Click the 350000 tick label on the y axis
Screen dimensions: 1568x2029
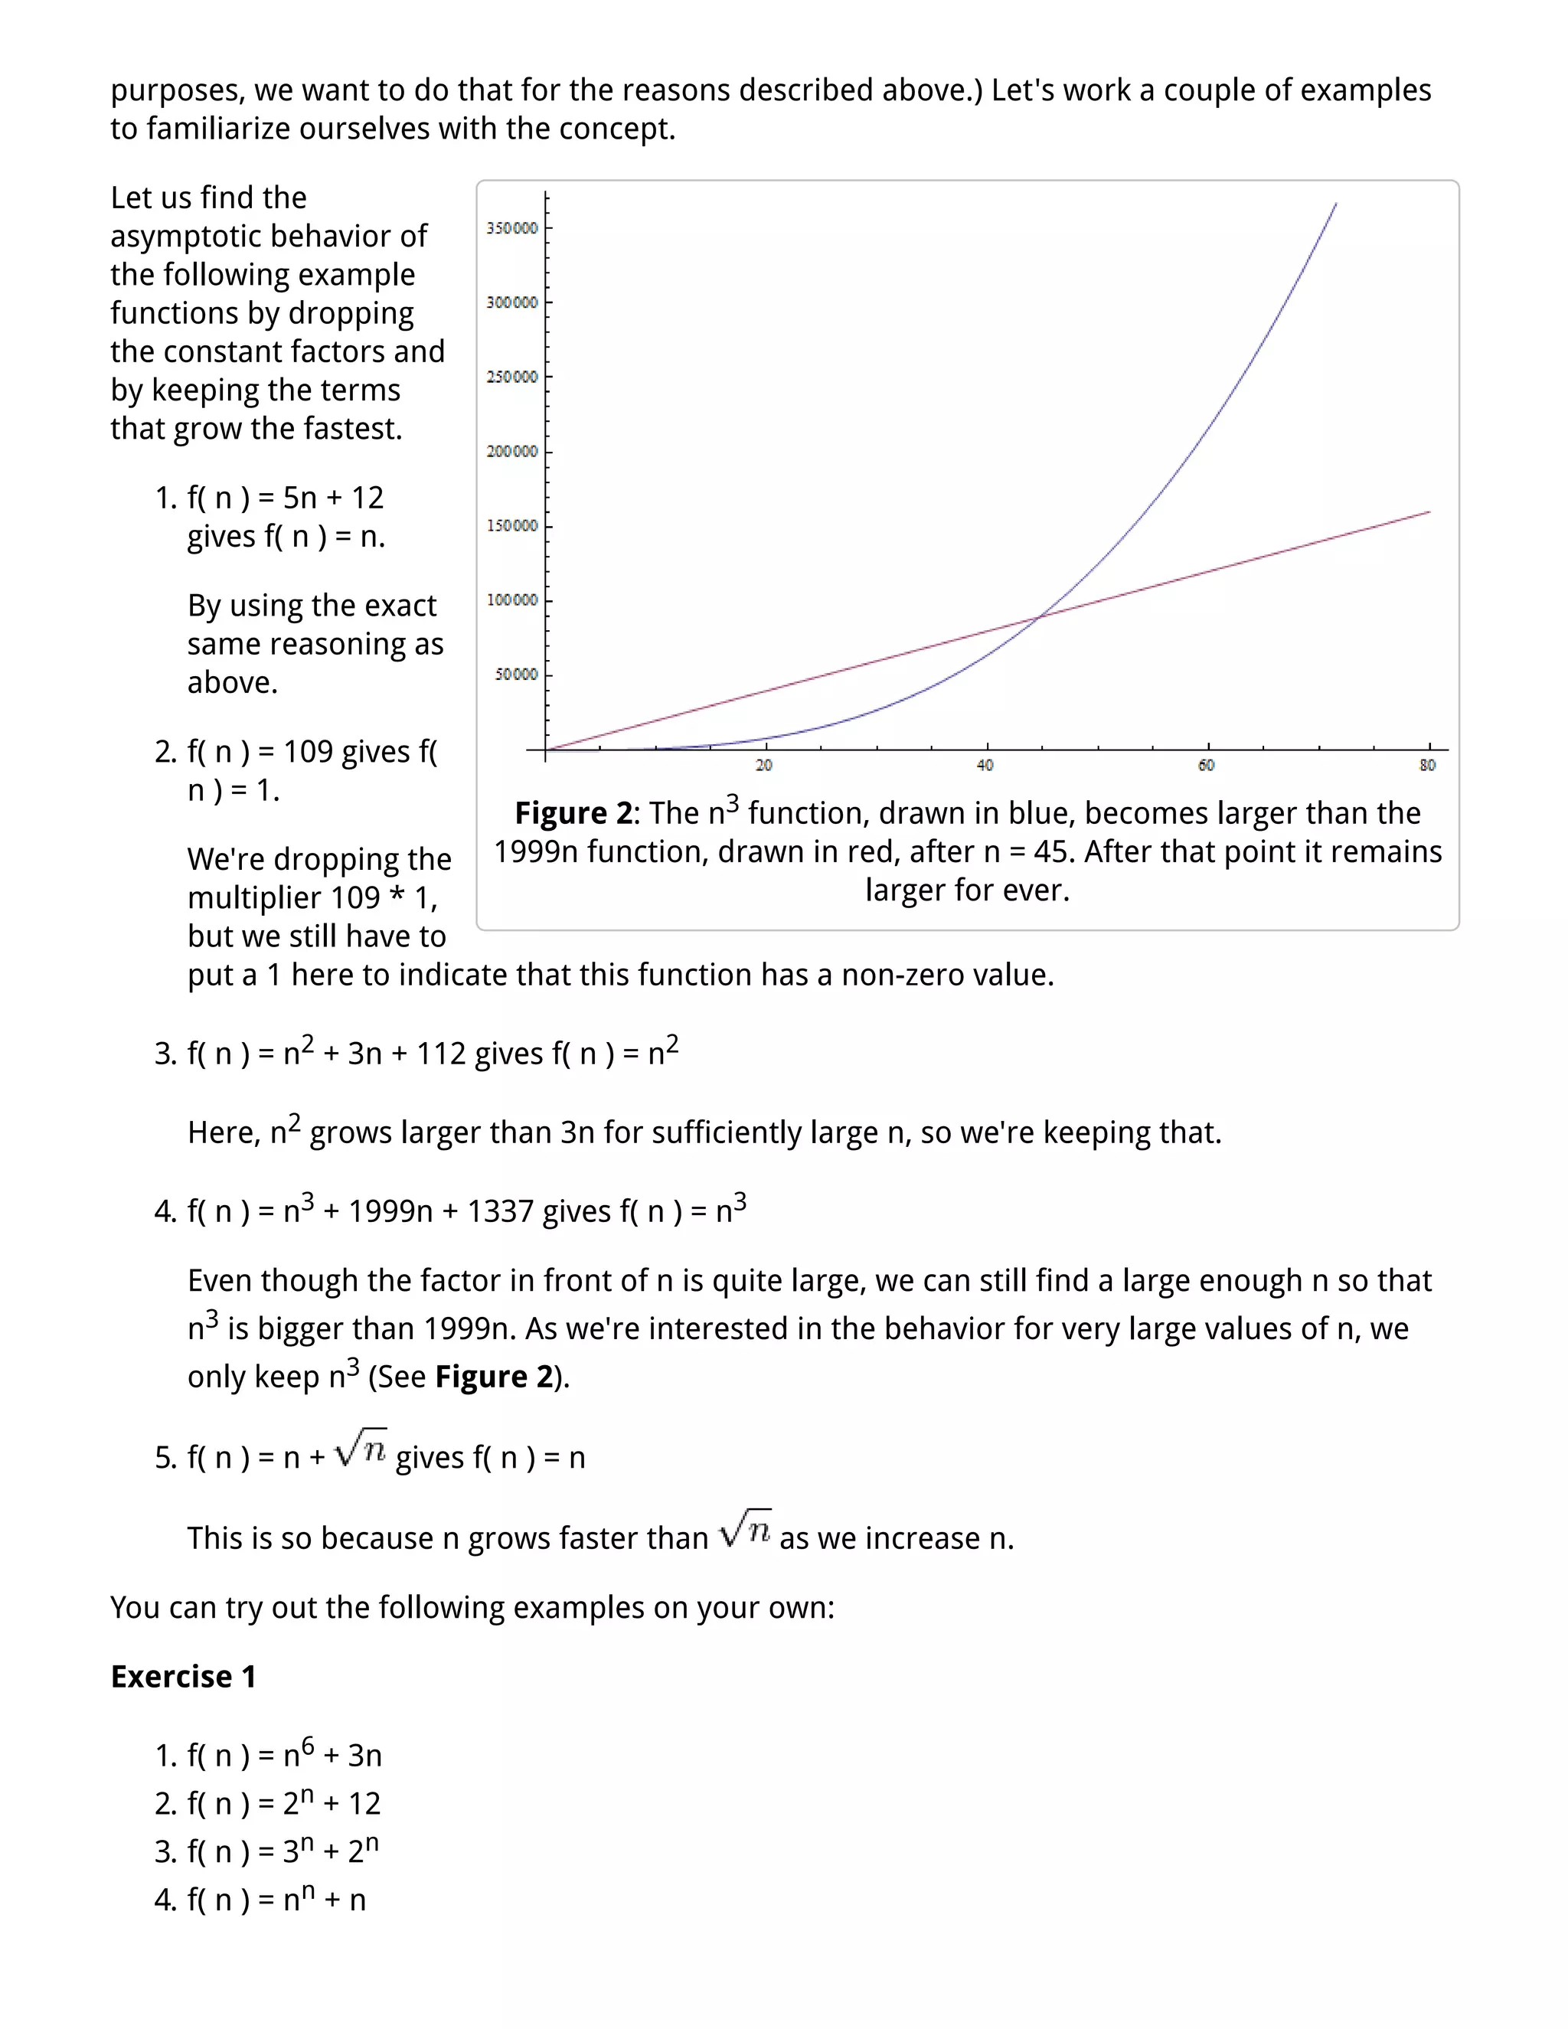click(x=512, y=228)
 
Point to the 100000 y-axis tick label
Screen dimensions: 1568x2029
click(x=512, y=600)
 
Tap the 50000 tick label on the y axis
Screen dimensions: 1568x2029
click(x=515, y=675)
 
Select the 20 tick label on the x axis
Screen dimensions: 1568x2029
click(x=763, y=766)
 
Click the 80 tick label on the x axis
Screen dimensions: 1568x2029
click(x=1428, y=766)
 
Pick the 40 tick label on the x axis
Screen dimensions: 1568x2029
click(x=985, y=766)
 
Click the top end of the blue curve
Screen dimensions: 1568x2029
click(x=1336, y=204)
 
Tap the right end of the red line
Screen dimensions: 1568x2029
click(x=1429, y=512)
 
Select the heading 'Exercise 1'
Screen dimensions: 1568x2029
click(x=183, y=1677)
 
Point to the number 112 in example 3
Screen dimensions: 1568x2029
click(x=441, y=1054)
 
